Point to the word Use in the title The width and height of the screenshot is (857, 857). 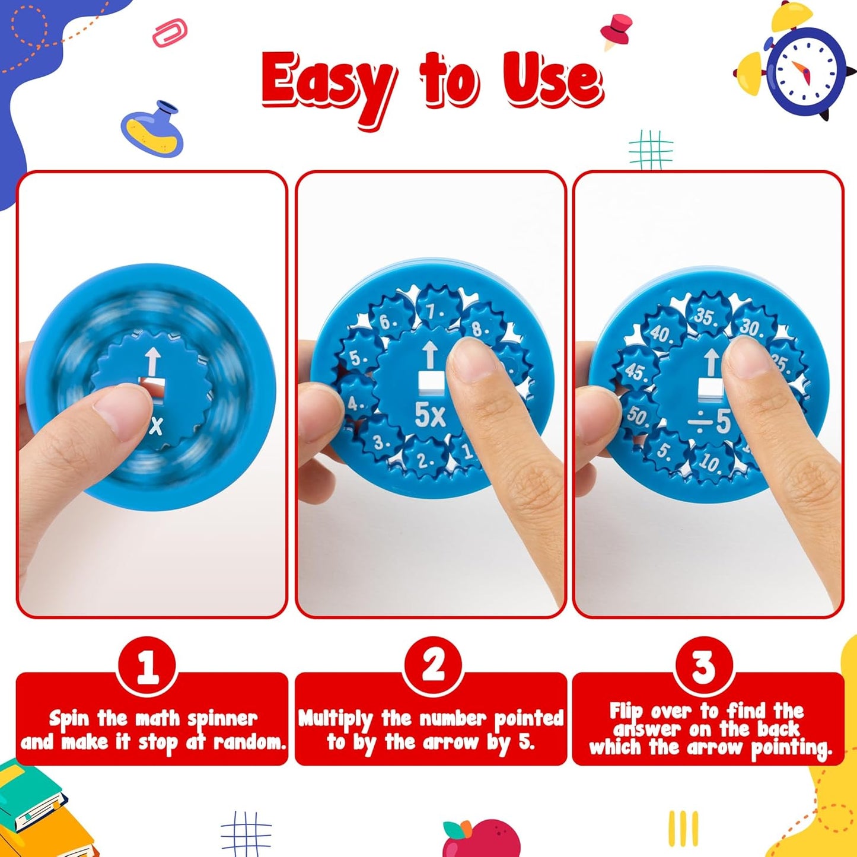(552, 81)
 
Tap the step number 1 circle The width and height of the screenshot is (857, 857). (147, 667)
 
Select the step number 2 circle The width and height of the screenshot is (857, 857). (433, 666)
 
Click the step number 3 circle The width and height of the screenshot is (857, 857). (704, 666)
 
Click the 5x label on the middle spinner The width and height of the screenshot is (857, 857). (430, 415)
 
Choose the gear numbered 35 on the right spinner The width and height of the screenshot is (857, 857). (706, 316)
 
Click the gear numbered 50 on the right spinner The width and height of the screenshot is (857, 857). (637, 415)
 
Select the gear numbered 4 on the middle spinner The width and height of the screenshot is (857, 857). (356, 403)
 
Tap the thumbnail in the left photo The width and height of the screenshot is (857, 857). (122, 409)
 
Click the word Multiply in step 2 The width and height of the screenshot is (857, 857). (336, 719)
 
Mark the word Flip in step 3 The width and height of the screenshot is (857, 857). (626, 711)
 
